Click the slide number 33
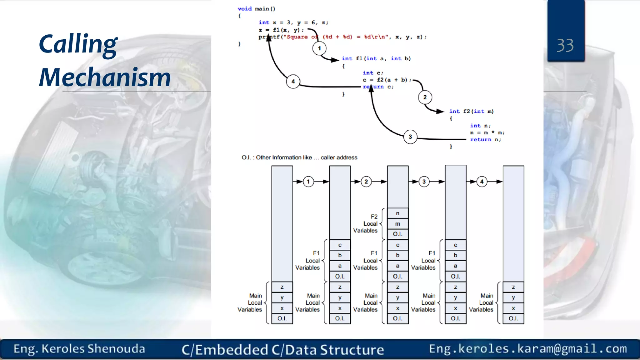(565, 46)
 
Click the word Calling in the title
(78, 44)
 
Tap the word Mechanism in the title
(105, 77)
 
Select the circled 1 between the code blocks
(319, 48)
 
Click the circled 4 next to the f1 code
(293, 82)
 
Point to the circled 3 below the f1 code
(410, 137)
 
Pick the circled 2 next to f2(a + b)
(425, 97)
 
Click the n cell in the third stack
(397, 213)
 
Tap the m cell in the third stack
(397, 224)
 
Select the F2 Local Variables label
(366, 223)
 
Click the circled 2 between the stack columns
(366, 182)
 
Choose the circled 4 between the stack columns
(482, 182)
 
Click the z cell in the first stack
(282, 287)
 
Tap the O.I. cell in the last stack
(513, 318)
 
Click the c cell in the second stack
(340, 245)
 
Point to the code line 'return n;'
(485, 140)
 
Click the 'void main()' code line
(256, 9)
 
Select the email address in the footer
(528, 349)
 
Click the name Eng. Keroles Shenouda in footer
(79, 349)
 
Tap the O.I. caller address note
(299, 157)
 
